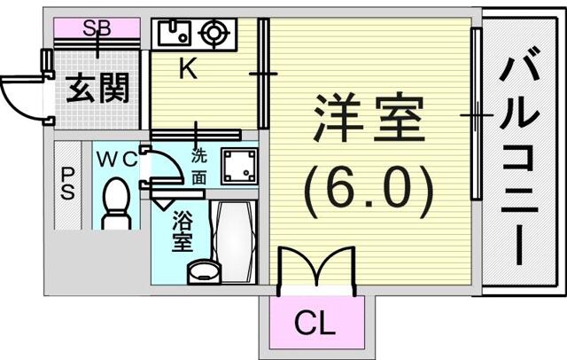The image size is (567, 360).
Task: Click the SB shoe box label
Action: click(x=97, y=27)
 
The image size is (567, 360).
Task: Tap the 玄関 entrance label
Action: click(x=97, y=89)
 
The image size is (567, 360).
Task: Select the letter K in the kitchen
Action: click(x=189, y=68)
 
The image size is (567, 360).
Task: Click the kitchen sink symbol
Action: click(x=175, y=32)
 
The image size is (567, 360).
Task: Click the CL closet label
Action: click(x=315, y=323)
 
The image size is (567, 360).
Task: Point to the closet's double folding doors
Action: click(x=317, y=268)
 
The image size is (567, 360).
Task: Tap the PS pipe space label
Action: click(x=67, y=184)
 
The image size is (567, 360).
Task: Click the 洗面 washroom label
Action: click(x=198, y=167)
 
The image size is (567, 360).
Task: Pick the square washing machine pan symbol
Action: click(x=240, y=167)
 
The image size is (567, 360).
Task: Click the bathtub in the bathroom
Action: click(x=233, y=241)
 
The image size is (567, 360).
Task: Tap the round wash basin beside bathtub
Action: click(x=204, y=271)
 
